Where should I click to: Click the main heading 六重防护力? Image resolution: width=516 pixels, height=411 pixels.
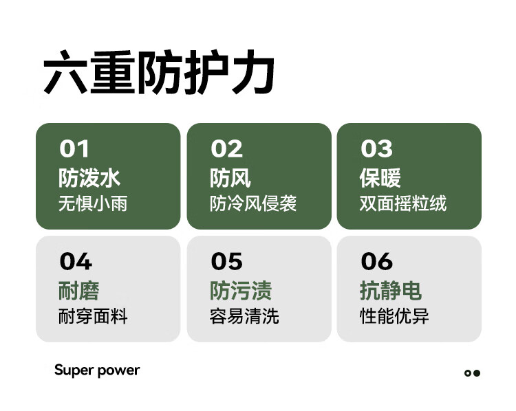[x=159, y=72]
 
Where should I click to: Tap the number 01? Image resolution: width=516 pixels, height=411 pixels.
[x=74, y=148]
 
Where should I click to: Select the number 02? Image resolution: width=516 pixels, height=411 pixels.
[x=227, y=148]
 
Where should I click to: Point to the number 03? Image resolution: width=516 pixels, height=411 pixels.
[x=377, y=148]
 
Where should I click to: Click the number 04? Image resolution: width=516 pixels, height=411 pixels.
[x=76, y=261]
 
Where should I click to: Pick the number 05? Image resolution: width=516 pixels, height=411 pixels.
[x=227, y=261]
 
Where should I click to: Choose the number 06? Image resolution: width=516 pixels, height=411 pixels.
[x=377, y=261]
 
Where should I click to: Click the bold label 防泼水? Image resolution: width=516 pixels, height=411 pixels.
[x=89, y=178]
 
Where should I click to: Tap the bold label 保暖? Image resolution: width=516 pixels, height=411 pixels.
[x=380, y=178]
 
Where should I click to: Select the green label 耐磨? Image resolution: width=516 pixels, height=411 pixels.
[x=79, y=291]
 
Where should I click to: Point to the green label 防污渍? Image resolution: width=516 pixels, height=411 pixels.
[x=241, y=291]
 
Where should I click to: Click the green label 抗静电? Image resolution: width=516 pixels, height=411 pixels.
[x=391, y=291]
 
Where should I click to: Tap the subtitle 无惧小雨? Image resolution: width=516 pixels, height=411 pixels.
[x=93, y=203]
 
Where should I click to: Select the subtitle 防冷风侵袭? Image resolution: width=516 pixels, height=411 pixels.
[x=253, y=203]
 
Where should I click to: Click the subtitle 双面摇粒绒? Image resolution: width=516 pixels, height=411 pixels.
[x=402, y=203]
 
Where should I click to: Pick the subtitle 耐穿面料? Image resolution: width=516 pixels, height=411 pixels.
[x=93, y=316]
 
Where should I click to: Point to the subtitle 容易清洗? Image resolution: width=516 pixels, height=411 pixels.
[x=244, y=316]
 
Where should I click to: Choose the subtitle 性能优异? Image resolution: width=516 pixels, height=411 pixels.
[x=394, y=316]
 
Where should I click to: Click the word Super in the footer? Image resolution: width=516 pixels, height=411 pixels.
[x=74, y=370]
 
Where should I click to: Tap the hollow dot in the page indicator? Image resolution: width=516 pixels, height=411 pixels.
[x=468, y=373]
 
